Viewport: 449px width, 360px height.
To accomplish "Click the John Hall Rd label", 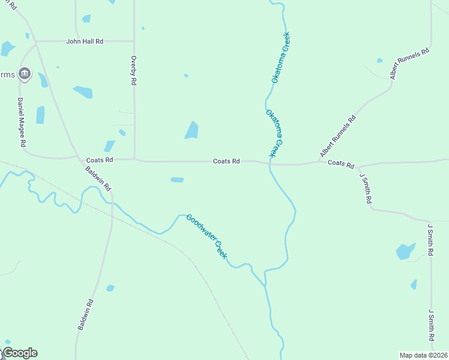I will [x=85, y=41].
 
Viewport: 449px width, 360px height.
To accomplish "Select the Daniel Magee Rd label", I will [x=21, y=122].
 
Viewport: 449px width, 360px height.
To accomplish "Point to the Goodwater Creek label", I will [x=207, y=236].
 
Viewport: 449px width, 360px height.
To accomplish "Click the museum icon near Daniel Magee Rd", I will [x=24, y=74].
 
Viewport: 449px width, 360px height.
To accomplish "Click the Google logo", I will [x=20, y=353].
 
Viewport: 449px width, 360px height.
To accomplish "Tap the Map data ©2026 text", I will [x=423, y=355].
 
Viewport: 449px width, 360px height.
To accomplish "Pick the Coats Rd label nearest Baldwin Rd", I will [x=100, y=160].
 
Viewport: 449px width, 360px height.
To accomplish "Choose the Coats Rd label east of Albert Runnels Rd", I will [x=342, y=164].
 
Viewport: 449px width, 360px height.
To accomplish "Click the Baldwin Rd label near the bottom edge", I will [x=85, y=314].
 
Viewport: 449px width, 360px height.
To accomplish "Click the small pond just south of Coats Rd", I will [x=177, y=179].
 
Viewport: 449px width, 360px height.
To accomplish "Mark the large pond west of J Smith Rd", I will [x=405, y=251].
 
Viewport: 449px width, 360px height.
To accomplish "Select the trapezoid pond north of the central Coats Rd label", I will [x=192, y=130].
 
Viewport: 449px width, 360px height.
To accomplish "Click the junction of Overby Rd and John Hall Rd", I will [x=133, y=41].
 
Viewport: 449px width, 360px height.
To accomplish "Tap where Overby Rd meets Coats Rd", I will [x=134, y=160].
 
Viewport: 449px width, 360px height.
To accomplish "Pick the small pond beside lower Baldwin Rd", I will [x=110, y=289].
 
